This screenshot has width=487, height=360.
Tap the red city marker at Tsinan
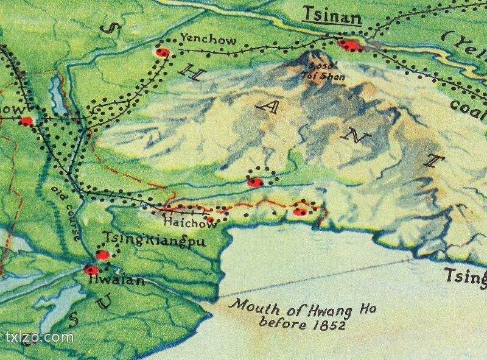coord(349,45)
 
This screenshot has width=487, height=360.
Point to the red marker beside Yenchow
coord(162,53)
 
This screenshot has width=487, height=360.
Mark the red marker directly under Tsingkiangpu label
coord(103,255)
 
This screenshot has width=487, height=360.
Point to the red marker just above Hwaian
coord(91,269)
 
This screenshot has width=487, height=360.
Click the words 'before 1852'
coord(303,324)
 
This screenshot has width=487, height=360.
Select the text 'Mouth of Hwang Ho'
coord(302,308)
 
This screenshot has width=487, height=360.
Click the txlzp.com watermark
coord(39,336)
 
